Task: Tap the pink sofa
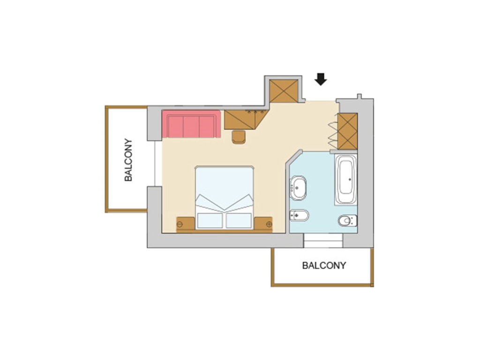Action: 191,124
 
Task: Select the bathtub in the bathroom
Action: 346,180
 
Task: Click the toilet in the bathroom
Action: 348,220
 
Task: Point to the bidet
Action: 299,215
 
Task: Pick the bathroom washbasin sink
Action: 298,188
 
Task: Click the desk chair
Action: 239,137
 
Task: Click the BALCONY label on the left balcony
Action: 128,160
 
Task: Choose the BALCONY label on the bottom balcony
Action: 324,265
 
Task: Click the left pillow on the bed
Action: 210,220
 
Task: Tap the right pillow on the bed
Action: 239,220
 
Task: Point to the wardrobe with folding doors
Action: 347,131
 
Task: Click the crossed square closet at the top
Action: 284,91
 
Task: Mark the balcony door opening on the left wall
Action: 158,164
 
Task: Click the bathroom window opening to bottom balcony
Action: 323,240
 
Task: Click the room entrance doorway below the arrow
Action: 321,101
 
